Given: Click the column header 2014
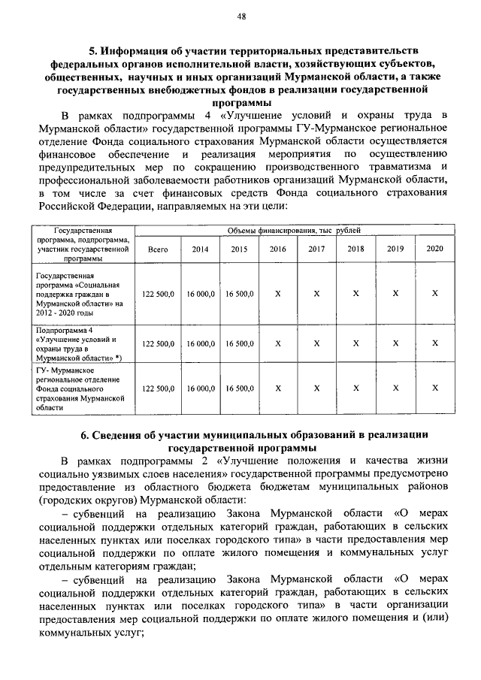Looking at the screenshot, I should pos(201,249).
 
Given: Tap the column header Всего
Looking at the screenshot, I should pos(158,249).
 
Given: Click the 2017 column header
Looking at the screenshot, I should pos(316,249).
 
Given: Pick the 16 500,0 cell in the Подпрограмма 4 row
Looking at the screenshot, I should pos(239,343).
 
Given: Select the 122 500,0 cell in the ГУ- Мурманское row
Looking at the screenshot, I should pos(158,388).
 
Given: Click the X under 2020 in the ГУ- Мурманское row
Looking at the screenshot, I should pos(434,388).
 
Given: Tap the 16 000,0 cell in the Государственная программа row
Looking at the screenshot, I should pos(201,295).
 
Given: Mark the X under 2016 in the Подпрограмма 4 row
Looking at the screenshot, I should pos(278,343).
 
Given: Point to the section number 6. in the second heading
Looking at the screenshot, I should pos(85,434).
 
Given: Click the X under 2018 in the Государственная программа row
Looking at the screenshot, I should pos(355,295).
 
